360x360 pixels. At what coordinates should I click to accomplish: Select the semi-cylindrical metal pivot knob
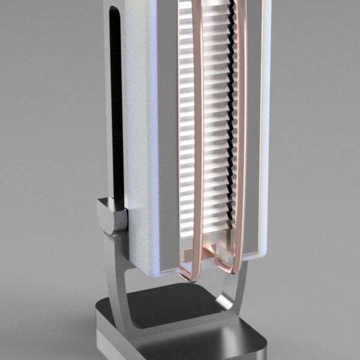pyautogui.click(x=111, y=216)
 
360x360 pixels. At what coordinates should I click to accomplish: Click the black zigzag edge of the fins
pyautogui.click(x=231, y=120)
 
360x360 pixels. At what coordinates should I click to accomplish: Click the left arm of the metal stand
pyautogui.click(x=120, y=282)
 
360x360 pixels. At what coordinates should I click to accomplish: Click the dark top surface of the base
pyautogui.click(x=174, y=306)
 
